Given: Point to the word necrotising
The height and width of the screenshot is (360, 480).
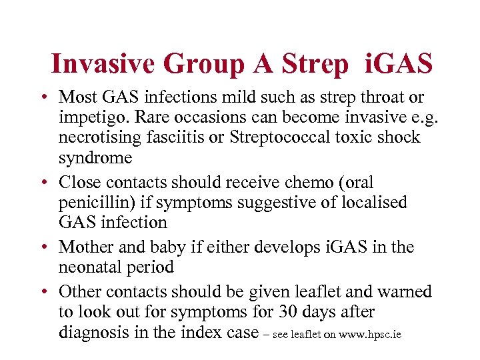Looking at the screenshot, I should (x=95, y=137).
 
